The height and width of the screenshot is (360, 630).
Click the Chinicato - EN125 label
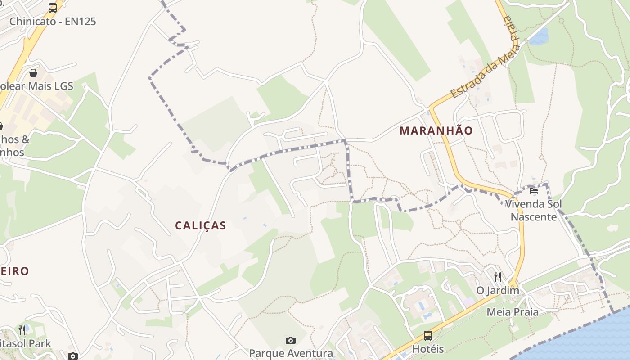click(x=53, y=21)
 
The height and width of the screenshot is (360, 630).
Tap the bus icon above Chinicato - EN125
click(x=53, y=8)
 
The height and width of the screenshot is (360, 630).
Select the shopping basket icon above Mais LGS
click(x=33, y=73)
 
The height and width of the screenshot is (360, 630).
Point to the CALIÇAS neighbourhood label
click(x=200, y=225)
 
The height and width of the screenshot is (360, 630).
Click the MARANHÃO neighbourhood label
click(x=436, y=130)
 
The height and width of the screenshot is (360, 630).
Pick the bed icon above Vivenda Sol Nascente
click(x=534, y=191)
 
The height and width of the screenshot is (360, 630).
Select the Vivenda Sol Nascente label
click(x=533, y=211)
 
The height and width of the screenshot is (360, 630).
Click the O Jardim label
click(x=498, y=290)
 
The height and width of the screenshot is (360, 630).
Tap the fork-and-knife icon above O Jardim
click(x=497, y=276)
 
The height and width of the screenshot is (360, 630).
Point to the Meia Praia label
click(x=513, y=311)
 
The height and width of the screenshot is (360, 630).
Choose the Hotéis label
click(x=428, y=349)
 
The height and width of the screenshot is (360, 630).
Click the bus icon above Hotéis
click(x=427, y=336)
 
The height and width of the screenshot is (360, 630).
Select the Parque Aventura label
click(x=291, y=353)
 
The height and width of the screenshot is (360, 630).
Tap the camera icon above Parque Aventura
click(x=291, y=340)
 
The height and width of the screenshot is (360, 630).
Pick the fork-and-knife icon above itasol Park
click(x=22, y=330)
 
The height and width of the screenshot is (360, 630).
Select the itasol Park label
click(x=25, y=343)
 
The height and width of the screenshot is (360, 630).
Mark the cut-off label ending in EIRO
click(x=14, y=271)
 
